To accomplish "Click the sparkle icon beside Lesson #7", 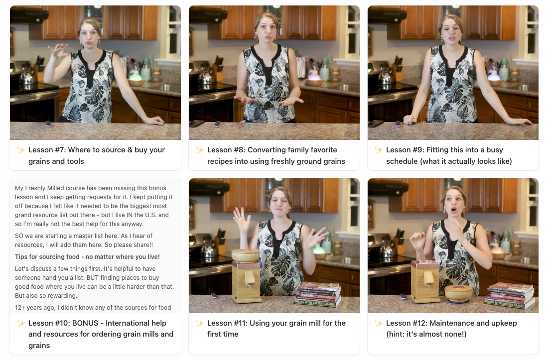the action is click(x=20, y=150).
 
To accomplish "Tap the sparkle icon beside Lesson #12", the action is click(x=378, y=323).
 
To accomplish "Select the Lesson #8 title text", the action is click(x=276, y=156).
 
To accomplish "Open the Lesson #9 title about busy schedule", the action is click(x=449, y=156).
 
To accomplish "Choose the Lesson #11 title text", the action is click(x=276, y=328).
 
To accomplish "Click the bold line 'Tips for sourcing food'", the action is click(x=87, y=256).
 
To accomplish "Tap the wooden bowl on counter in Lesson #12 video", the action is click(x=458, y=293).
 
